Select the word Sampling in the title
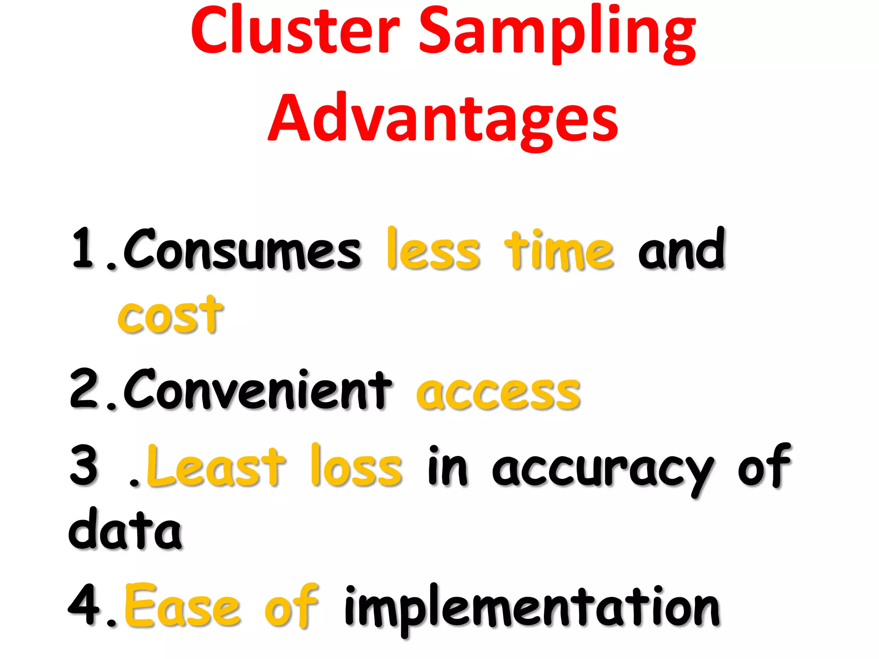(x=557, y=34)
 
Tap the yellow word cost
(x=170, y=315)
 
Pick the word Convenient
(x=258, y=390)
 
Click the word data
(x=125, y=529)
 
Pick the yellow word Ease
(x=182, y=606)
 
